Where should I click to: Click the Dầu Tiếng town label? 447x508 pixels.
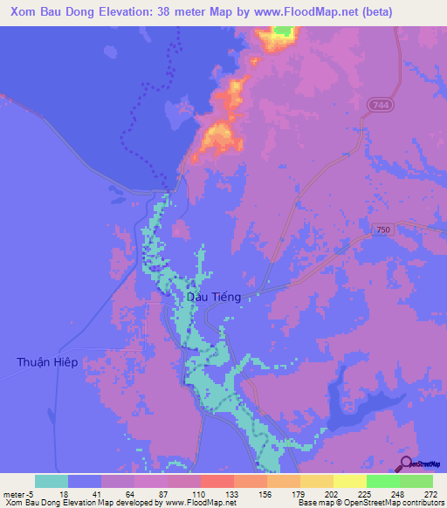[x=214, y=297]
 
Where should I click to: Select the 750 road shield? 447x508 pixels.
[x=382, y=229]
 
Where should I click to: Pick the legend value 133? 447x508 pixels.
[x=232, y=494]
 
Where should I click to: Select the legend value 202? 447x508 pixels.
[x=332, y=494]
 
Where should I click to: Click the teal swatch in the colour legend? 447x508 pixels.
[x=52, y=481]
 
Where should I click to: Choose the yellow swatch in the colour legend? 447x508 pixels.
[x=349, y=481]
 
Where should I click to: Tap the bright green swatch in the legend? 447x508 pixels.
[x=382, y=481]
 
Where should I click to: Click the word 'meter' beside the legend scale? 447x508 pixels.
[x=14, y=494]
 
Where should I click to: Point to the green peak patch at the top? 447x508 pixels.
[x=282, y=31]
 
